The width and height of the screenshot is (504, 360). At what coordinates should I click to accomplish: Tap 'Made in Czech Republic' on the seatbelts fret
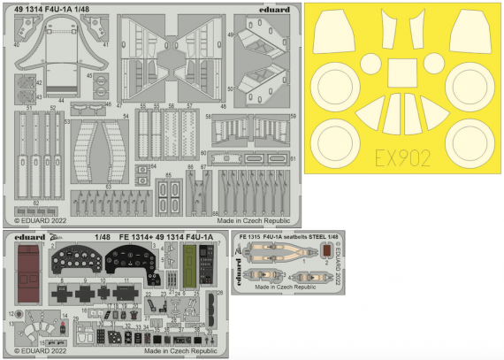click(x=284, y=287)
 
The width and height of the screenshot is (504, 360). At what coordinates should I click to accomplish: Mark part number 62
click(x=34, y=203)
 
